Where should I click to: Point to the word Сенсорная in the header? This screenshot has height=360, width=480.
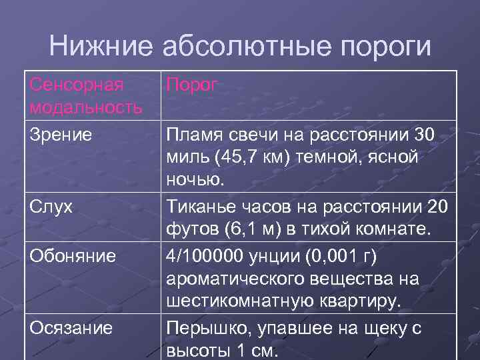click(x=77, y=85)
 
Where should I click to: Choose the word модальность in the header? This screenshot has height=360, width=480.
click(x=86, y=107)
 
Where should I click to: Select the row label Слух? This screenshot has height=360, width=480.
click(x=51, y=207)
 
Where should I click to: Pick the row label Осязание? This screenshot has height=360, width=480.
click(x=71, y=328)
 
